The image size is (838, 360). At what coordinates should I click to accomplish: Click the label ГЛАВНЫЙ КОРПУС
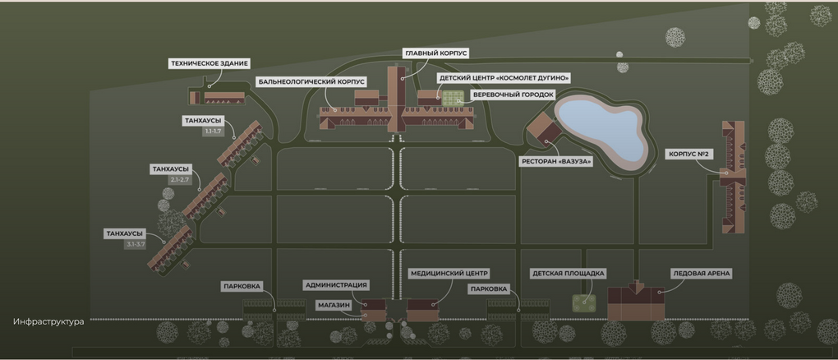pos(435,53)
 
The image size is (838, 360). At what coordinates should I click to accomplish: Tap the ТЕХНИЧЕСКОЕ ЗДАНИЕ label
pos(209,63)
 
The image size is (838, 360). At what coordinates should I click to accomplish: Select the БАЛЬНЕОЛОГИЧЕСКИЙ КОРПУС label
pos(311,82)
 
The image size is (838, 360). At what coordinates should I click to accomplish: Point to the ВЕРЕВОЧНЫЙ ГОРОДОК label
pos(513,95)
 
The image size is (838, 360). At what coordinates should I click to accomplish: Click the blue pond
pos(601,130)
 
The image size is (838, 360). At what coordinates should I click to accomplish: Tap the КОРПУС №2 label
pos(688,155)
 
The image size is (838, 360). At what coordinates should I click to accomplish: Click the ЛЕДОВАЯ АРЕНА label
pos(701,274)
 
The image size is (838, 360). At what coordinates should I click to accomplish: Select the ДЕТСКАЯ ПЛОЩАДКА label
pos(568,274)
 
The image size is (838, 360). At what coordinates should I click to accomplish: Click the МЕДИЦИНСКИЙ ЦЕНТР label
pos(449,274)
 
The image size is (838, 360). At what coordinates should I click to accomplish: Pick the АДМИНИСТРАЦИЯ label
pos(336,284)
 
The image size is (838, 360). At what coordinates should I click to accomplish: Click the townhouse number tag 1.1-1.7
pos(213,131)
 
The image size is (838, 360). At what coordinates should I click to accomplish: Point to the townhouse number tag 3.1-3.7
pos(136,244)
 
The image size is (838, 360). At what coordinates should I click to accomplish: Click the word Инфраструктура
pos(48,322)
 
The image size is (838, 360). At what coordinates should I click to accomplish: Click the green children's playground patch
pos(584,303)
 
